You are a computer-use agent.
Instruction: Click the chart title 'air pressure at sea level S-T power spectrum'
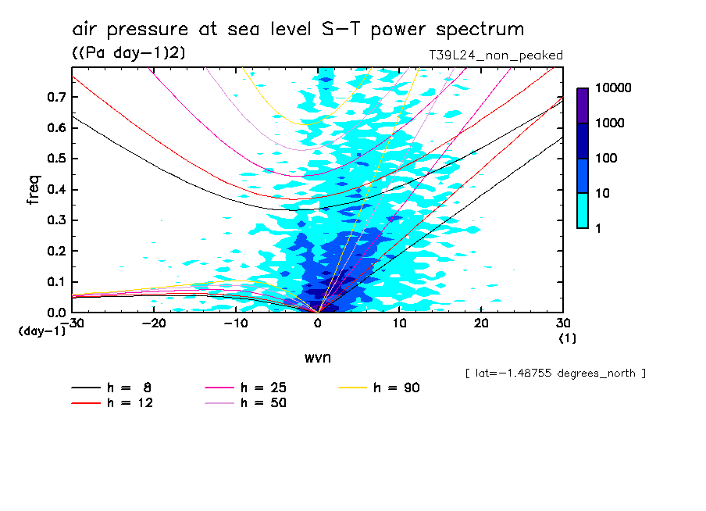click(x=298, y=30)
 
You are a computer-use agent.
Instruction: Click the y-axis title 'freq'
click(x=34, y=190)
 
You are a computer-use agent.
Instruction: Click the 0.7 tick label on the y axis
click(x=55, y=97)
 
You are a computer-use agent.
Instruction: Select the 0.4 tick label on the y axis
click(x=55, y=190)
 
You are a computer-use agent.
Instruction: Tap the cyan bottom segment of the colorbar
click(x=583, y=211)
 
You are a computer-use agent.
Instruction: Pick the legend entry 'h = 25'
click(x=244, y=388)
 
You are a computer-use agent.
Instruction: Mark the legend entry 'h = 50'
click(x=244, y=403)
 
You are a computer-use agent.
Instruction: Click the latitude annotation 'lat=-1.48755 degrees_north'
click(x=554, y=373)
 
